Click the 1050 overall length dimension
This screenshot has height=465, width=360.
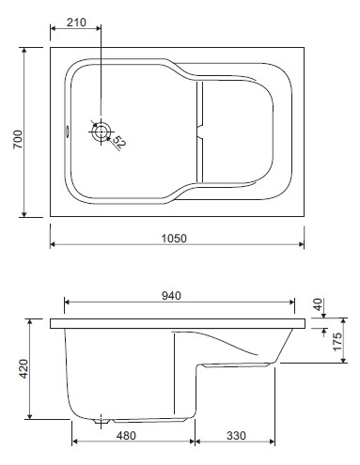coord(176,238)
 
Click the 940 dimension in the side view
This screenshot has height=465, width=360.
coord(171,295)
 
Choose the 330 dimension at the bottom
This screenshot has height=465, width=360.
coord(236,435)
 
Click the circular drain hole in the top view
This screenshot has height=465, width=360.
coord(101,132)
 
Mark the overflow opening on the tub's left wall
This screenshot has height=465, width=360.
coord(65,132)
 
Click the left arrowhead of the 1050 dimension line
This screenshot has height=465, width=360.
coord(53,246)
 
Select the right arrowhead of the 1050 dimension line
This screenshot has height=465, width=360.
coord(301,246)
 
